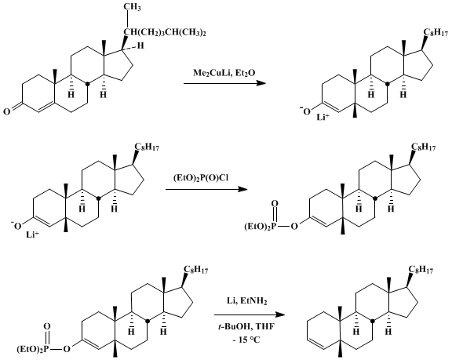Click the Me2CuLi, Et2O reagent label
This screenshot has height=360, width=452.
coord(224,74)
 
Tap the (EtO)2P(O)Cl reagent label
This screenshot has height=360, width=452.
coord(201,179)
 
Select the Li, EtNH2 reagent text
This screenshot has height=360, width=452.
coord(246,301)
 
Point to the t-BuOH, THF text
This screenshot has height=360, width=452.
coord(246,327)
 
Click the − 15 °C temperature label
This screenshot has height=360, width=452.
coord(246,340)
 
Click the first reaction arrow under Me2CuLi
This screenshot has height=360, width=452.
coord(224,83)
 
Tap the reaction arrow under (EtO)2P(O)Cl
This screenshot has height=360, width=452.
coord(206,189)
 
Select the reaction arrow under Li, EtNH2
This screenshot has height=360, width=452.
coord(250,315)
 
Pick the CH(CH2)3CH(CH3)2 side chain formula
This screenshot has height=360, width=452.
coord(165,32)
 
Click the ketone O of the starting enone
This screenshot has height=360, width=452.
coord(6,111)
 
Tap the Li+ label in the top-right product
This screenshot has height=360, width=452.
coord(323,117)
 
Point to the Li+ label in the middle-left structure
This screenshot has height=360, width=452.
coord(33,235)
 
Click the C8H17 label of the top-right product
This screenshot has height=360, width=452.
coord(436,32)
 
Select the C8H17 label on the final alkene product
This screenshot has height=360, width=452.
coord(421,270)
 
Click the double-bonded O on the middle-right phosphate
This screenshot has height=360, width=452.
coord(275,204)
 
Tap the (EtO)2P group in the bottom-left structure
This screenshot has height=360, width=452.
coord(34,349)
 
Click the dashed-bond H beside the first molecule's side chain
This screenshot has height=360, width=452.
coord(140,45)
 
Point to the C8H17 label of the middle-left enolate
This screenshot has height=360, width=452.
coord(147,147)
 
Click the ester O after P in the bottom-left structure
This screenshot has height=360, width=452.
coord(67,349)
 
